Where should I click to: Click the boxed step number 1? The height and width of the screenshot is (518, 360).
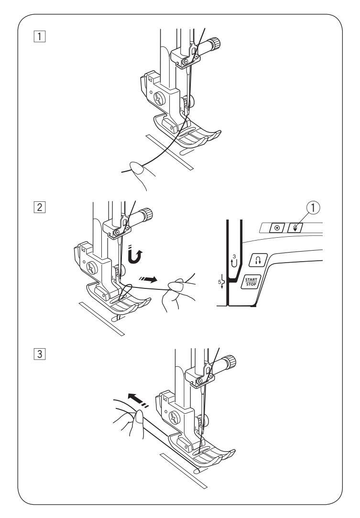39,36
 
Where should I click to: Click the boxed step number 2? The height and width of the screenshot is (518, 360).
39,207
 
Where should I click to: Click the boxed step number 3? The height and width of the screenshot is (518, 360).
39,354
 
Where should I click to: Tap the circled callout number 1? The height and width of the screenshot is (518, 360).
313,208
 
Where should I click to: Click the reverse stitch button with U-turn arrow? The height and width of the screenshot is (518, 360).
258,260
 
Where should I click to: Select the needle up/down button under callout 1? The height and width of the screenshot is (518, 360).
295,228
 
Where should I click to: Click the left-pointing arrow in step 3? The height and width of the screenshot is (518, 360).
138,400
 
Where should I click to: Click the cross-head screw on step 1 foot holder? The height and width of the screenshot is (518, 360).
160,99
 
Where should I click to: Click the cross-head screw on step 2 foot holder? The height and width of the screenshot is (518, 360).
92,267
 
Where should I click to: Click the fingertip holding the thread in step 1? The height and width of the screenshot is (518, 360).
137,167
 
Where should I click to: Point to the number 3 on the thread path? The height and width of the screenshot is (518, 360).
234,256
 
